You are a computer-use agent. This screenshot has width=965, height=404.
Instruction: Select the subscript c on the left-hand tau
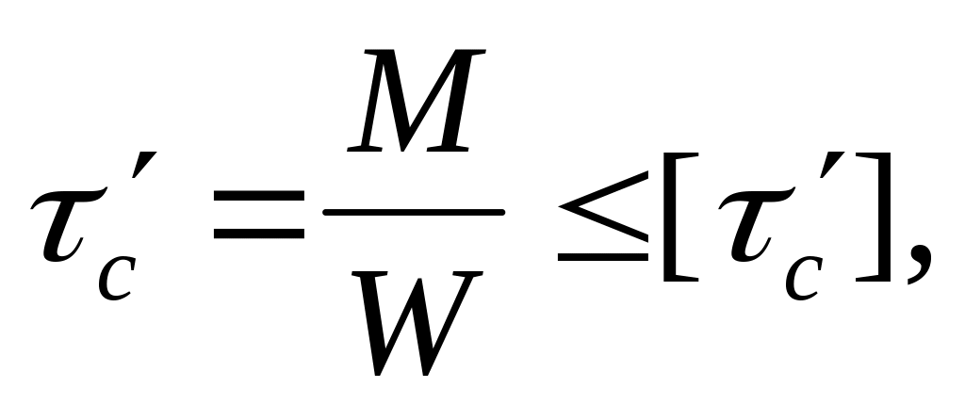click(116, 279)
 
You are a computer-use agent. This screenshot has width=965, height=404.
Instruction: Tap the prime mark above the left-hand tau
click(144, 164)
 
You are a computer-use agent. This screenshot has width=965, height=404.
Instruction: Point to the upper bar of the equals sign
click(259, 196)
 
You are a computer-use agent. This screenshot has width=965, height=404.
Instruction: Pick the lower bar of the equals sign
click(259, 234)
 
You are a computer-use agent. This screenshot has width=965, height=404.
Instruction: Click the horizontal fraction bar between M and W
click(414, 213)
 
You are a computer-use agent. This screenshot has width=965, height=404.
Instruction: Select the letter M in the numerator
click(416, 100)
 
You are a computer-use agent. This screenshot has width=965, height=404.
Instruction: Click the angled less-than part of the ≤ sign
click(603, 206)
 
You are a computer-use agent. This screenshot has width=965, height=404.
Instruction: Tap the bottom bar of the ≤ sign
click(603, 257)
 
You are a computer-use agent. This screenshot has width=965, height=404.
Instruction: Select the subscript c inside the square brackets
click(804, 279)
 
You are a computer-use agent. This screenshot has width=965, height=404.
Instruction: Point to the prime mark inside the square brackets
click(831, 164)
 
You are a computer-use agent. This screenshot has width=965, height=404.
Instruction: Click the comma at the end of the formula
click(920, 263)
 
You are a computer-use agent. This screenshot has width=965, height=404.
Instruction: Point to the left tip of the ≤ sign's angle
click(559, 206)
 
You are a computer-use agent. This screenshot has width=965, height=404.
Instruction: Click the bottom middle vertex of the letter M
click(402, 150)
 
